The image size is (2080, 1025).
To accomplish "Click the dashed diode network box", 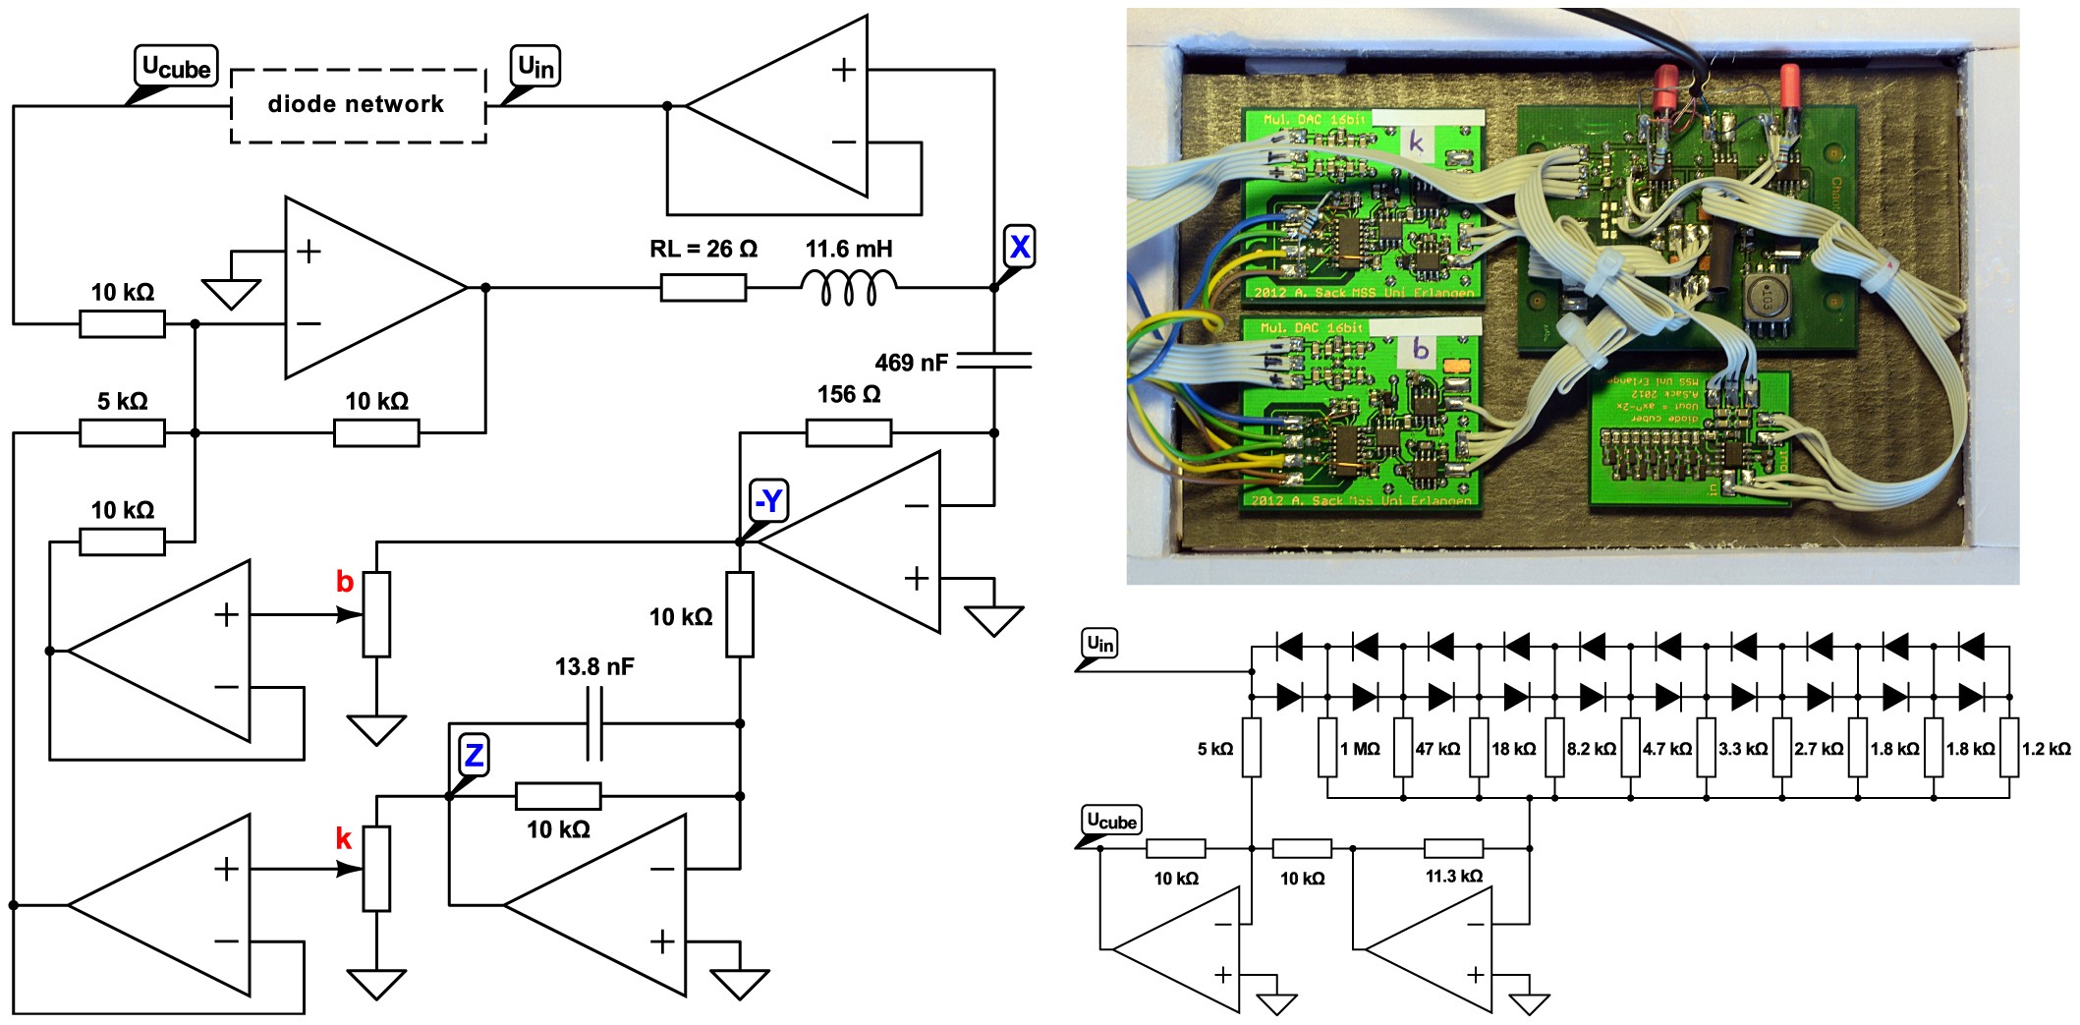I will [358, 105].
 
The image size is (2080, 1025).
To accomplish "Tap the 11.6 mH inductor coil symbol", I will [848, 287].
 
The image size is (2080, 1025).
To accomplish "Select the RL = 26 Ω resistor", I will [703, 288].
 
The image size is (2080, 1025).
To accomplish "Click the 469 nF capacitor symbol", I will [993, 361].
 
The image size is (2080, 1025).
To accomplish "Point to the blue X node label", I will [1019, 246].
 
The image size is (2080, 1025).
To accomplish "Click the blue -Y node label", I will [768, 500].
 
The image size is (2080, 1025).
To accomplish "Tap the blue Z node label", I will [474, 755].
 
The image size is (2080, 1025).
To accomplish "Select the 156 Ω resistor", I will [848, 432].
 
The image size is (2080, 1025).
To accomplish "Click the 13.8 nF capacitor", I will [594, 723].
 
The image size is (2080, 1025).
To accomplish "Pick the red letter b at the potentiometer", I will [344, 581].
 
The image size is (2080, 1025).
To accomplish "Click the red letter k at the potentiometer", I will [343, 838].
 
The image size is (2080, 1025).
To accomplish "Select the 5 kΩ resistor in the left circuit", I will [122, 432].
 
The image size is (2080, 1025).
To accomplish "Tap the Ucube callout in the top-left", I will [176, 67].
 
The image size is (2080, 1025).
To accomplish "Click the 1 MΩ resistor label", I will [1360, 749].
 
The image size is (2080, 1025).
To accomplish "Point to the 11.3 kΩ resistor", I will [1453, 848].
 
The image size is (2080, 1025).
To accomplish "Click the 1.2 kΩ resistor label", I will [2046, 749].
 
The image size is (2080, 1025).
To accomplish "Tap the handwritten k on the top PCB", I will [1416, 142].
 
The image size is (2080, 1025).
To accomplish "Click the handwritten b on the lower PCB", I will [1420, 348].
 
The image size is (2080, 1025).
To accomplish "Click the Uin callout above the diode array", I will [1099, 644].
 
